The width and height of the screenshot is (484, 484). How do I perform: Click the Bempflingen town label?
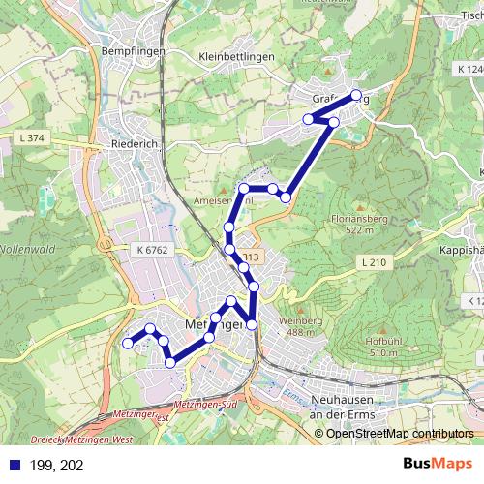[x=136, y=50]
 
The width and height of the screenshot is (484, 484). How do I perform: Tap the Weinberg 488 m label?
[x=301, y=326]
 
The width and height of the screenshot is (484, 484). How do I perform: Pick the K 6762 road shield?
[x=153, y=250]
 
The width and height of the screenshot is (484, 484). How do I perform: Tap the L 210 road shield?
[x=374, y=262]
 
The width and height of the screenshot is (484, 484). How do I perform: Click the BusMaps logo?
[x=438, y=465]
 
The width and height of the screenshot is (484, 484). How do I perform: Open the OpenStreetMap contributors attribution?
[x=400, y=433]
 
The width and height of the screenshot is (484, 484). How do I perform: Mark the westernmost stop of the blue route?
[x=128, y=343]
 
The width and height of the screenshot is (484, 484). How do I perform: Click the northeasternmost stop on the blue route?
[x=356, y=95]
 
